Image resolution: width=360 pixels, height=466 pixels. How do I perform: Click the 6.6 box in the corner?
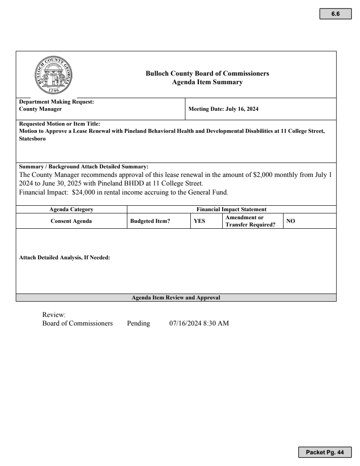[335, 14]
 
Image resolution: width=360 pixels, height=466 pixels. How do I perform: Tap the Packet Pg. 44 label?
[324, 452]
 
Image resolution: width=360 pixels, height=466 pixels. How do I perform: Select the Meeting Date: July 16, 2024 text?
[223, 109]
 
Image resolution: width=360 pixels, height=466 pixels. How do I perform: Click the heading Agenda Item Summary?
[207, 82]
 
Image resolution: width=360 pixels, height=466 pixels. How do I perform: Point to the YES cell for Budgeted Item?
[199, 221]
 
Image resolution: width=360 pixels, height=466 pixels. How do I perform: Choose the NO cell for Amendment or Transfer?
[291, 221]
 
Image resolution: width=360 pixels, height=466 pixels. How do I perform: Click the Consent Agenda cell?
[71, 221]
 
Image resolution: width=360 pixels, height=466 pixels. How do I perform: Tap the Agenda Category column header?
[71, 209]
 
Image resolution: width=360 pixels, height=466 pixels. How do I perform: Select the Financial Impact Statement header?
[231, 209]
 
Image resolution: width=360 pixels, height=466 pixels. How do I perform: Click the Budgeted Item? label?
[150, 221]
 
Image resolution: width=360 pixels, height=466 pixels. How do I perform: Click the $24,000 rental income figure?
[85, 193]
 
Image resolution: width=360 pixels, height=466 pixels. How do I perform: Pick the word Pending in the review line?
[138, 323]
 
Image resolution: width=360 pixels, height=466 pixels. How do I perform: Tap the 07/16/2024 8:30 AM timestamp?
[199, 323]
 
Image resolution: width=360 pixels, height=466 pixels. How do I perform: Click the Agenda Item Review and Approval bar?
[176, 298]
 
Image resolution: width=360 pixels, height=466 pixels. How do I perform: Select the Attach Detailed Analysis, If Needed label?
[64, 258]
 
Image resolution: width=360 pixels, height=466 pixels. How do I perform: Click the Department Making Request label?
[56, 102]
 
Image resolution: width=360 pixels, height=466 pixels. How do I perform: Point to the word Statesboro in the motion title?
[32, 139]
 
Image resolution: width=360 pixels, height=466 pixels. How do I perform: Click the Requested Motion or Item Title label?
[59, 124]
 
